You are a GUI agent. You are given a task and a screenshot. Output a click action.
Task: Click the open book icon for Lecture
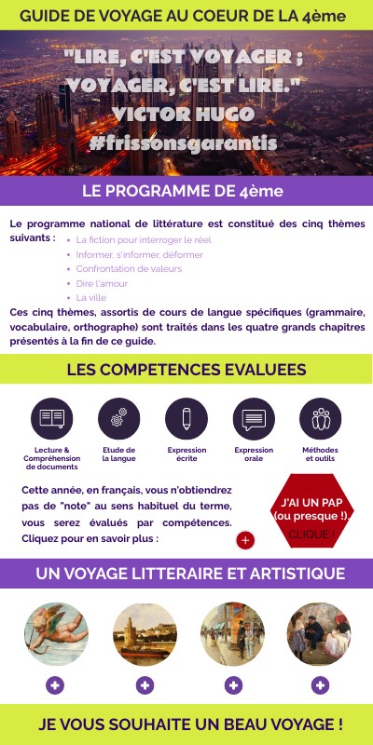[51, 418]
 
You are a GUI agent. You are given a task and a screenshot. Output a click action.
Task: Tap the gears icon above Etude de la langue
[118, 418]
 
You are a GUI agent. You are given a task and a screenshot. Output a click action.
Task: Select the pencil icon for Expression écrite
[186, 418]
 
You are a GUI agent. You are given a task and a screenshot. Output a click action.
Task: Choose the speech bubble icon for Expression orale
[254, 418]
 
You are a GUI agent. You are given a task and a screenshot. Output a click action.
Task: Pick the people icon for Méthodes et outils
[321, 418]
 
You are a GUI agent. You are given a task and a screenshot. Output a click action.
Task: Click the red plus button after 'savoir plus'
[245, 540]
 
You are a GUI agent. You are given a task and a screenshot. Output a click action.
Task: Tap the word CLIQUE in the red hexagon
[311, 535]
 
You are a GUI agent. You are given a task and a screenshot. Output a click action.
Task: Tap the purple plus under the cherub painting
[56, 685]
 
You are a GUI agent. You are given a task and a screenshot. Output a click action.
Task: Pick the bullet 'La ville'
[91, 298]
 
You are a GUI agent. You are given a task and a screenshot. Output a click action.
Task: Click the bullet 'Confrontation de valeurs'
[129, 268]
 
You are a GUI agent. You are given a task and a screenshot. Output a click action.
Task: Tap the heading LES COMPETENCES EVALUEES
[186, 370]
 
